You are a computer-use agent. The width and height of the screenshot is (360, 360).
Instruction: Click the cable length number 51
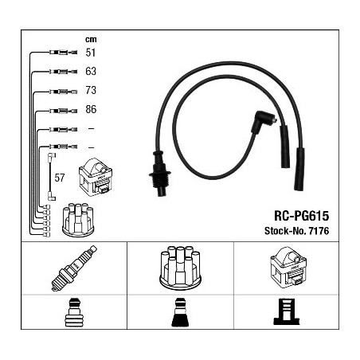90,53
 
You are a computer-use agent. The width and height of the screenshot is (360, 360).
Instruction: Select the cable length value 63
91,71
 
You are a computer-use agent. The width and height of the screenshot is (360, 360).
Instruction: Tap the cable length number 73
91,90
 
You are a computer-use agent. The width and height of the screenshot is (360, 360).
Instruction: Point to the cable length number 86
91,109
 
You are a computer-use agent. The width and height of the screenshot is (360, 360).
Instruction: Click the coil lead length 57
60,178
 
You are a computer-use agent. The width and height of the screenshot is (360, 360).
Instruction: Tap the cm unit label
91,40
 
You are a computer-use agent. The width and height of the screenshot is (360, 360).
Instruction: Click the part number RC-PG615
301,216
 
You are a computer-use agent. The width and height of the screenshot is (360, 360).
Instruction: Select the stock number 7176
319,231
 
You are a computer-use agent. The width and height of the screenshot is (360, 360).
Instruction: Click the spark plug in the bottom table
74,268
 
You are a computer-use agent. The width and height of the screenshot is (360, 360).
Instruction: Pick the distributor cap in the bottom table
180,268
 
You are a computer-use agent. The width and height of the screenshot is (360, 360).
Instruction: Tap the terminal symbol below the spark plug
74,312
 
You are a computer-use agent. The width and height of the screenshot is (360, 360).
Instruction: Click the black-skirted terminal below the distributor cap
180,312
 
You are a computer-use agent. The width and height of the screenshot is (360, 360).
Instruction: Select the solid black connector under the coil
287,311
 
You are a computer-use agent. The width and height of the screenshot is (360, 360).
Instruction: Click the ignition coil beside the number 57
96,177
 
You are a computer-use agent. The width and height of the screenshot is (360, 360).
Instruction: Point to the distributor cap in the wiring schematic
78,220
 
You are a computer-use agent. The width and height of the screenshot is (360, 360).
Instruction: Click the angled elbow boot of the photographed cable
263,123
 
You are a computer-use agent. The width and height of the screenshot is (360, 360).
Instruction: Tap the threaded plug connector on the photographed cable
160,173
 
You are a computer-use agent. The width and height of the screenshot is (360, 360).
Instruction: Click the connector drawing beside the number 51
63,53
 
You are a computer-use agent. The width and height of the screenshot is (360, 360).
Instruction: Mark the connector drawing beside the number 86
63,111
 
